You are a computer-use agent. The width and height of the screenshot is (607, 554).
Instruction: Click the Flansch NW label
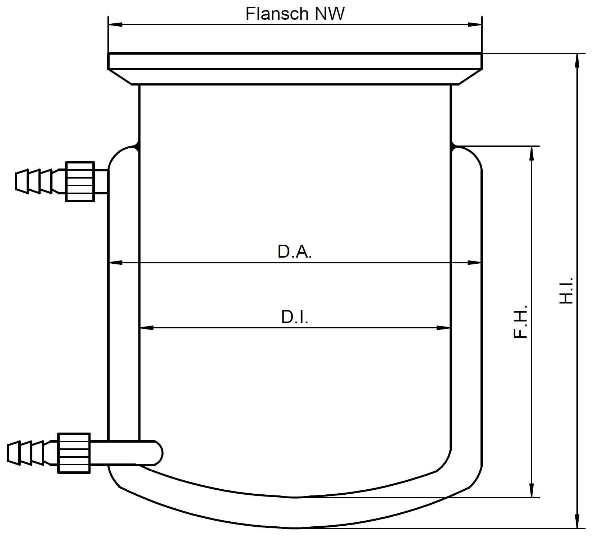coord(295,14)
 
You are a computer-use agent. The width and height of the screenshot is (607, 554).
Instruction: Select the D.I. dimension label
coord(295,317)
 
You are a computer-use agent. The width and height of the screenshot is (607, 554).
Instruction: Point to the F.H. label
coord(520,322)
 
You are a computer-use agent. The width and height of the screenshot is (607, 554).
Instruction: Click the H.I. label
coord(566,290)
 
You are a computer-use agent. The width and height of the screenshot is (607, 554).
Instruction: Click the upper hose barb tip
coord(16,181)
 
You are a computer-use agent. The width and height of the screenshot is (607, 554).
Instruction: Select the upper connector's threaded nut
coord(80,181)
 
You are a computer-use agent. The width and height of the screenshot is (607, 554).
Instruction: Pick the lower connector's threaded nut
coord(74,453)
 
